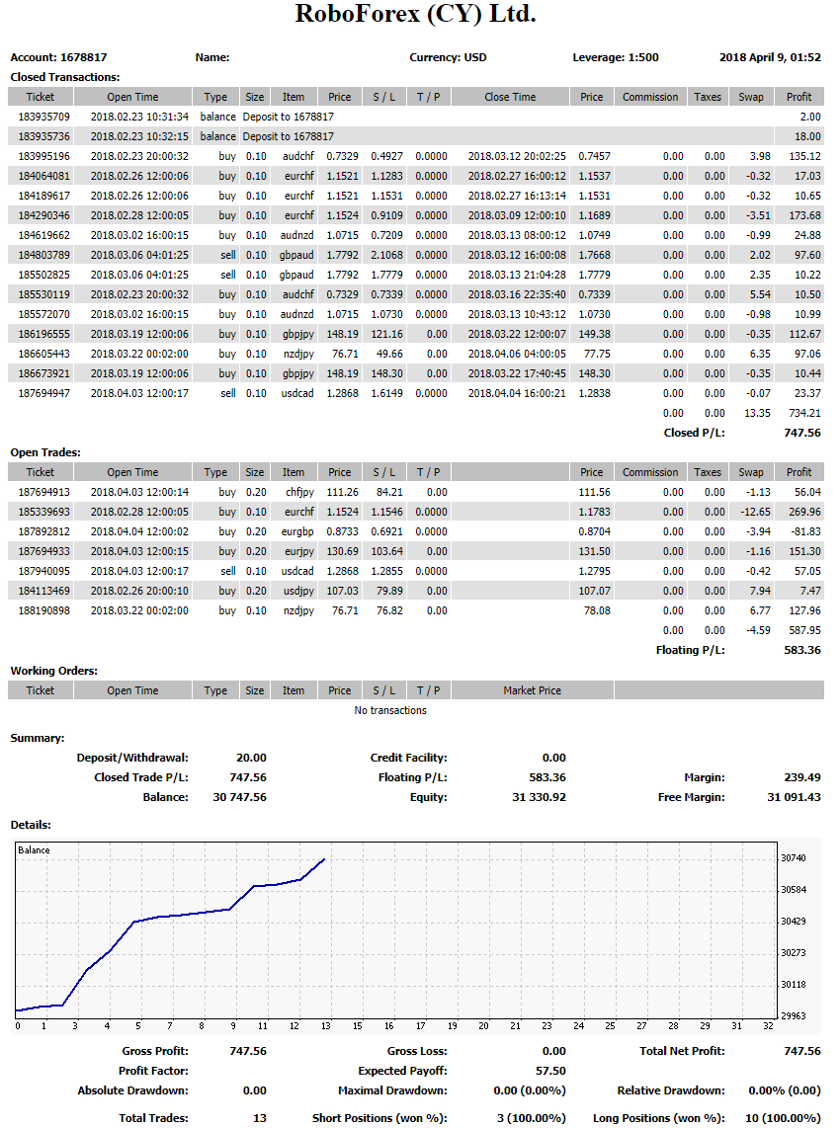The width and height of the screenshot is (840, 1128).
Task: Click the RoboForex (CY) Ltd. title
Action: coord(415,15)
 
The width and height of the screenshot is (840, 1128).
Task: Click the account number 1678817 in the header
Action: coord(83,57)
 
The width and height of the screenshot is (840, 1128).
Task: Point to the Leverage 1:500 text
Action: coord(616,57)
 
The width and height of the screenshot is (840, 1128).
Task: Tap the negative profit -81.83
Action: coord(804,531)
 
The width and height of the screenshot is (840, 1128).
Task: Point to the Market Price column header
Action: coord(532,690)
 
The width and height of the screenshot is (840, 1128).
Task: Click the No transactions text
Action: coord(390,710)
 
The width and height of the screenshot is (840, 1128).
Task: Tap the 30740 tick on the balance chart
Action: coord(793,857)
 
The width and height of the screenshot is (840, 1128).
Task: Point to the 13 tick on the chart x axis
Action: coord(326,1025)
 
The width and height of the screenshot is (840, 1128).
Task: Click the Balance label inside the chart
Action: coord(34,849)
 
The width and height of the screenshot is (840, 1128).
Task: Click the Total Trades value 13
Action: coord(260,1118)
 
